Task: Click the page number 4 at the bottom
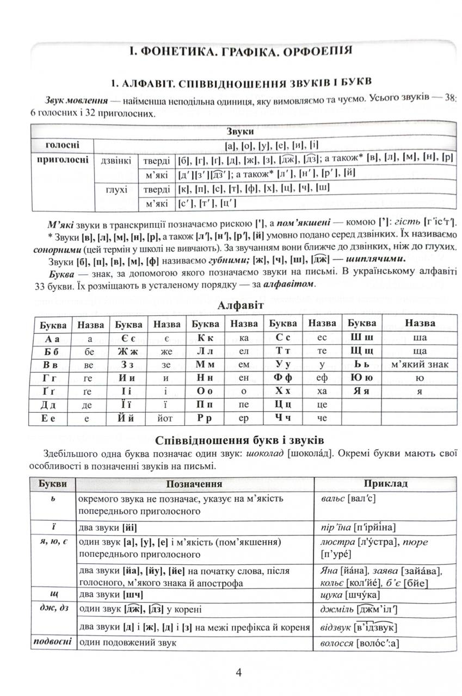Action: pyautogui.click(x=238, y=672)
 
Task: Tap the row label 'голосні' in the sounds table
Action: pyautogui.click(x=61, y=145)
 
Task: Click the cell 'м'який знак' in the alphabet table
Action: pyautogui.click(x=420, y=364)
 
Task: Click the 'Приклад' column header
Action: pyautogui.click(x=385, y=483)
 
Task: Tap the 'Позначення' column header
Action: pyautogui.click(x=195, y=483)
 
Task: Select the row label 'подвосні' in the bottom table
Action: pyautogui.click(x=52, y=642)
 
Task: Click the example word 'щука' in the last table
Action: pyautogui.click(x=327, y=595)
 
